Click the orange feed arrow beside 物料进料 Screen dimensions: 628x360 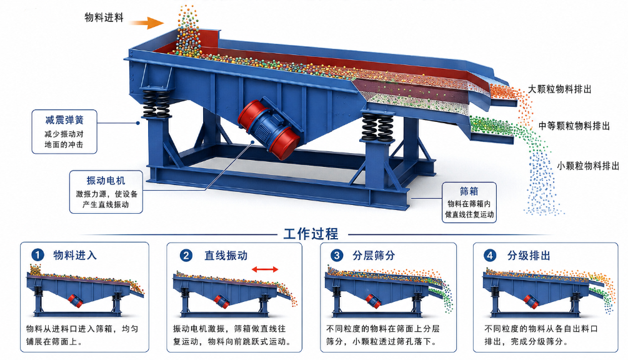(147, 22)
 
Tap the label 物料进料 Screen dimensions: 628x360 (104, 17)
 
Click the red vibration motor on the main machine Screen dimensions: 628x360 (268, 127)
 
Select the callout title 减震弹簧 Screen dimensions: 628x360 (64, 120)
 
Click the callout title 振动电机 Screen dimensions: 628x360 (106, 181)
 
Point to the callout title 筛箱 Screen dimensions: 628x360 (469, 191)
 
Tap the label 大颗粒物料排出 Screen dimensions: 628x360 (559, 89)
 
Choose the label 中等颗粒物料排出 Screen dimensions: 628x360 (574, 126)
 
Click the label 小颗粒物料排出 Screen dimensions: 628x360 (588, 166)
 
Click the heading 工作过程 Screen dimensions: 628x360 (311, 234)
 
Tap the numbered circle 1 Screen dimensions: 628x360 (37, 254)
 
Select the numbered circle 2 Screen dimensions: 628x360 (186, 255)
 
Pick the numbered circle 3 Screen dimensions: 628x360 (337, 255)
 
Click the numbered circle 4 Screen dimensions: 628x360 (490, 255)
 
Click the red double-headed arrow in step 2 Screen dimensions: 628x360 (265, 269)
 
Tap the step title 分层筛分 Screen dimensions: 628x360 (374, 256)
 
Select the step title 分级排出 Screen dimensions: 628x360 (529, 256)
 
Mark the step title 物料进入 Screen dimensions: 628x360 (75, 255)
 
